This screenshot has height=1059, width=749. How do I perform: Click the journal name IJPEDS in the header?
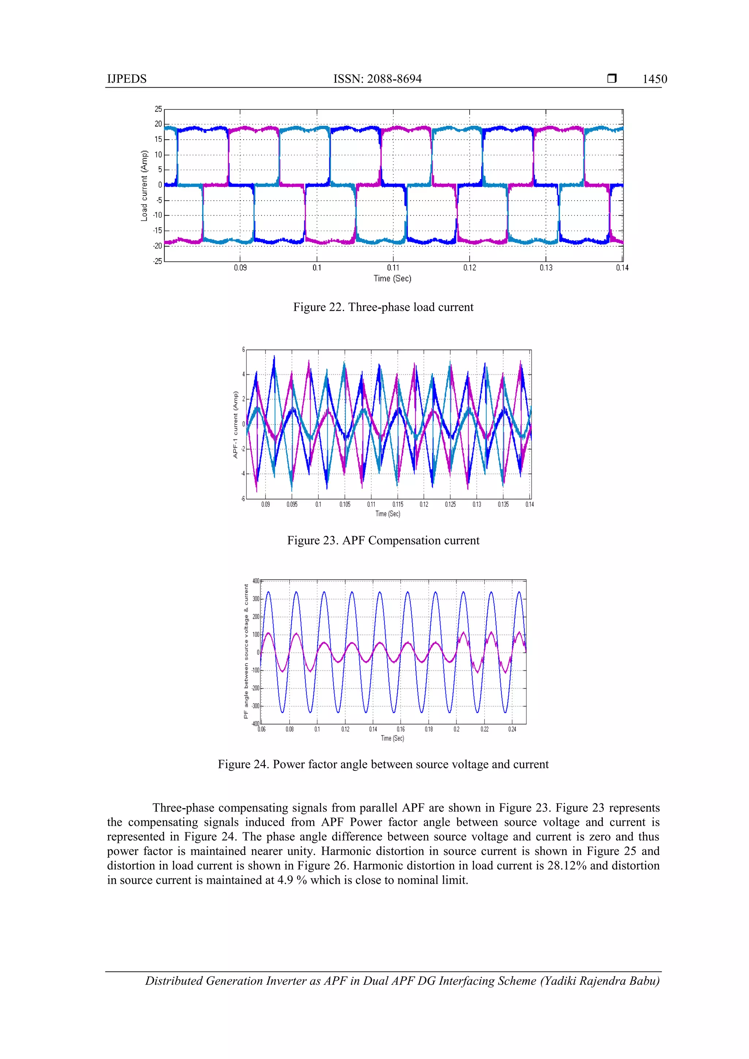[x=127, y=79]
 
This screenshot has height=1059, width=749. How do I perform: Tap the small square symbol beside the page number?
[x=611, y=78]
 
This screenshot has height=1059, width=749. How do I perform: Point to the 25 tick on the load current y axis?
[x=158, y=109]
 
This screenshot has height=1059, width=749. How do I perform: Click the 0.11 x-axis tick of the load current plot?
[x=393, y=268]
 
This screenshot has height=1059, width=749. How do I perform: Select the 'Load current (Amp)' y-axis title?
[x=144, y=185]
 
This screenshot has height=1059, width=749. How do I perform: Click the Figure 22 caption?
[x=383, y=307]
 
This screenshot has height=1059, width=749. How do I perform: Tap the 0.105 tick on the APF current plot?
[x=345, y=504]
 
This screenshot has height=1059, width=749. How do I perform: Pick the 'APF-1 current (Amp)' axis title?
[x=236, y=424]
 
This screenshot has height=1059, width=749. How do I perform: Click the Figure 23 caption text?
[x=383, y=540]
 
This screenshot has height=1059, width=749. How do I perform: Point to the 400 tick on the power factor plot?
[x=256, y=581]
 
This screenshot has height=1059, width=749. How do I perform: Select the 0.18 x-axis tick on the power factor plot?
[x=429, y=729]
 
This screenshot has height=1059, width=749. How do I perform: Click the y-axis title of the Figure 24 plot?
[x=246, y=651]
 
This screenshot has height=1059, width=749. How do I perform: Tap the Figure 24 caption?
[x=383, y=764]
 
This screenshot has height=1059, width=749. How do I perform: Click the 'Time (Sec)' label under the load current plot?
[x=392, y=278]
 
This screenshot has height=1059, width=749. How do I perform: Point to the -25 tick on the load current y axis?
[x=158, y=261]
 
